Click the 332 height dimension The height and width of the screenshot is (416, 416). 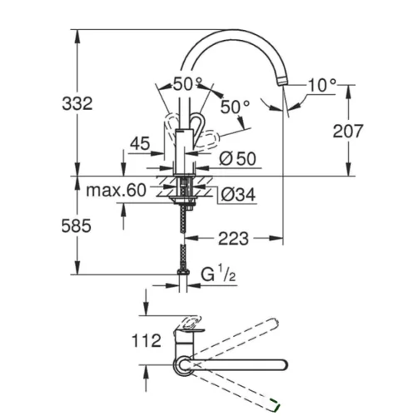[x=77, y=104]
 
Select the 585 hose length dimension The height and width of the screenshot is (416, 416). [x=77, y=225]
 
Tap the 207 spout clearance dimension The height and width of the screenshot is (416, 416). [x=348, y=131]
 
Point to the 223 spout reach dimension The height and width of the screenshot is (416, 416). [x=233, y=239]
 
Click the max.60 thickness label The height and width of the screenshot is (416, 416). [x=116, y=191]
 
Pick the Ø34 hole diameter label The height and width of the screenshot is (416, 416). [x=238, y=194]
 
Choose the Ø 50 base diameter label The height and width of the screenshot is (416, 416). [x=238, y=159]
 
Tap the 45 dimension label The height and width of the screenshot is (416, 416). [x=140, y=143]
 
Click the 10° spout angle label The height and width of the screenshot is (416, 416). [x=322, y=85]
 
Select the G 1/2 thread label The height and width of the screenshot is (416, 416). [x=218, y=273]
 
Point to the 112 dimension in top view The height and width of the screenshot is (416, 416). [x=146, y=340]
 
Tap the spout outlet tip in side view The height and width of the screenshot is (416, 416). [x=283, y=81]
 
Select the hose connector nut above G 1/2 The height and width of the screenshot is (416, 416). [x=183, y=272]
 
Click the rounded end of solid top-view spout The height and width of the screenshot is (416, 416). [x=284, y=364]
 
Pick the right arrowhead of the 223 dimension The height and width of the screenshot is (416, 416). [x=276, y=238]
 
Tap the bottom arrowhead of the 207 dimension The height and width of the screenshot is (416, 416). [x=349, y=169]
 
